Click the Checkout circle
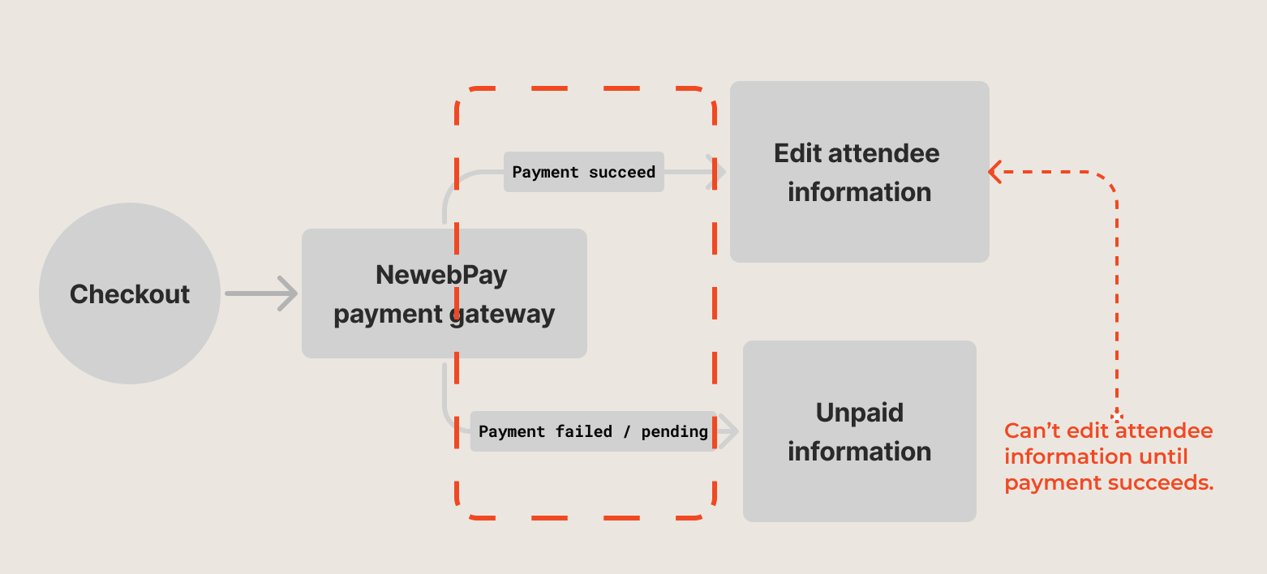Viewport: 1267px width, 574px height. [130, 293]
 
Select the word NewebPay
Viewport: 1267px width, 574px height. [441, 275]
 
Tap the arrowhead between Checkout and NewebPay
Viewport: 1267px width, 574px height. [289, 293]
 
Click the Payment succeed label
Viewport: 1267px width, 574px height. [583, 172]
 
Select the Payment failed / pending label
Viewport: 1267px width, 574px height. [593, 431]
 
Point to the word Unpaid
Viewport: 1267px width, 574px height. [859, 413]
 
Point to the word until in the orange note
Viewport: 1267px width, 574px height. [1162, 456]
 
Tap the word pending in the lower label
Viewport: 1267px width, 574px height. [674, 431]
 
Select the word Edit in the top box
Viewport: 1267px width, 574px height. [797, 153]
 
